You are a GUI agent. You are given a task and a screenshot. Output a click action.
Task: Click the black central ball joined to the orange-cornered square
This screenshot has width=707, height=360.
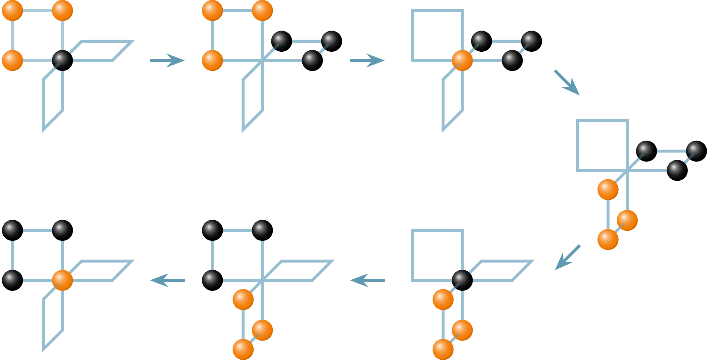(x=62, y=60)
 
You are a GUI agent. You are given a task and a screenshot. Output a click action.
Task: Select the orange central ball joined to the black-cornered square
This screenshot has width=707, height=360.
(x=62, y=280)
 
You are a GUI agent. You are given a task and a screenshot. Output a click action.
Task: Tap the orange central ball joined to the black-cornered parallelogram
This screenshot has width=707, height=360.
(x=462, y=60)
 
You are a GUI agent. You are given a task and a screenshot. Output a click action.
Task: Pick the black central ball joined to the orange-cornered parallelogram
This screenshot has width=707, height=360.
(x=462, y=280)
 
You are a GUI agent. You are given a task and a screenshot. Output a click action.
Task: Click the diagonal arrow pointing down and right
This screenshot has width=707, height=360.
(x=567, y=83)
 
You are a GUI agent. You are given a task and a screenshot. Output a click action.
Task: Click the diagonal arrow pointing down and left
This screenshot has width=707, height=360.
(x=567, y=257)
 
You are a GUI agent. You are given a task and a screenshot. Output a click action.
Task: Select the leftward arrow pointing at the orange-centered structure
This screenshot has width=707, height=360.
(x=167, y=280)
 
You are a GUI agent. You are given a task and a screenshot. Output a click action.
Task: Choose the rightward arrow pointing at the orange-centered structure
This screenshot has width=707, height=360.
(x=367, y=60)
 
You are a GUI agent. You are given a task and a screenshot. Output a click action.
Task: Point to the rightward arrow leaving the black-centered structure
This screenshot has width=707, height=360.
(x=167, y=60)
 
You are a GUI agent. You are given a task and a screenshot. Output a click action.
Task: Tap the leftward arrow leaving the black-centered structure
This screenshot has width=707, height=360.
(x=367, y=280)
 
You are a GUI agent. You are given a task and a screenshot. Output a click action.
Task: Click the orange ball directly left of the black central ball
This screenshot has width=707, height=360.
(x=12, y=60)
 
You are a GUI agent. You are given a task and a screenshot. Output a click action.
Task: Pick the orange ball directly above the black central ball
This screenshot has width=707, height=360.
(x=62, y=10)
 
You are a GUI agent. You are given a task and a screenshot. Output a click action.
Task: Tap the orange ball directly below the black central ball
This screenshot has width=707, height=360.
(x=462, y=330)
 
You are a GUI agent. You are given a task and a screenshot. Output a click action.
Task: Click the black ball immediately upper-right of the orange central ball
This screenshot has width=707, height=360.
(x=481, y=41)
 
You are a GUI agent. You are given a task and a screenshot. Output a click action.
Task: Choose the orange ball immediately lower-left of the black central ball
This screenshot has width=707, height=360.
(x=443, y=299)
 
